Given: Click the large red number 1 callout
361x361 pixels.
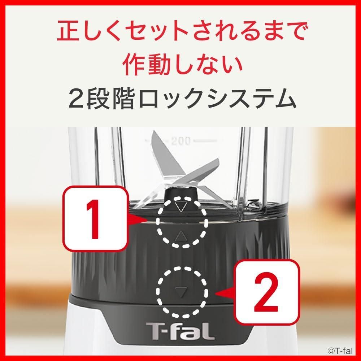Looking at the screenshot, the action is tap(95, 219).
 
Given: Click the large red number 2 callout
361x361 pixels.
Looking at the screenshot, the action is tap(267, 292).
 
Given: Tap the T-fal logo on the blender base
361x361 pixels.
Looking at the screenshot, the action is tap(180, 331).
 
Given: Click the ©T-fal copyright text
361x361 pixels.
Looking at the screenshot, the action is tap(340, 351).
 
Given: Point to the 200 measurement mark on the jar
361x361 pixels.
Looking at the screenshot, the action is tap(181, 140).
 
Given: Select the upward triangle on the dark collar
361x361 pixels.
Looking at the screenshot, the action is tap(180, 236).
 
